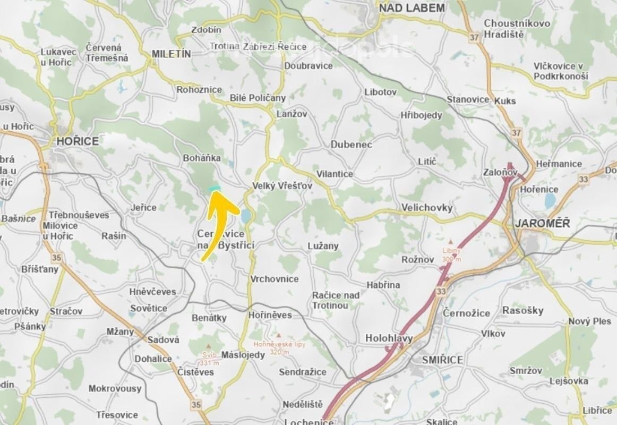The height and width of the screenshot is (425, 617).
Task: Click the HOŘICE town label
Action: [78, 141]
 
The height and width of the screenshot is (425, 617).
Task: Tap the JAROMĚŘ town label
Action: [542, 223]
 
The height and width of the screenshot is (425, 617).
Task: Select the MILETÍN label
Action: [171, 54]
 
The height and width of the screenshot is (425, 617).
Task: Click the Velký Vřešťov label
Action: [281, 186]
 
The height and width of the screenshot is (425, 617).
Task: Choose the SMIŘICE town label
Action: [442, 360]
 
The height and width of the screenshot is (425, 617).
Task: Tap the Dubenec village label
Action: [351, 144]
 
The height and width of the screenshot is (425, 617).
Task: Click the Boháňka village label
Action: [201, 158]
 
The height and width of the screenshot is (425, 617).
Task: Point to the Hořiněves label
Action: [271, 315]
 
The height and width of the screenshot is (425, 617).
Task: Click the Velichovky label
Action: [427, 207]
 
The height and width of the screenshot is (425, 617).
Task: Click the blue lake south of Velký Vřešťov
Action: [245, 216]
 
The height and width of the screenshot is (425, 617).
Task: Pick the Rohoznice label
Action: [199, 89]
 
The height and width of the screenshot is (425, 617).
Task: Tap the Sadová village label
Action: [163, 339]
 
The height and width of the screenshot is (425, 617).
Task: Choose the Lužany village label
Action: [323, 246]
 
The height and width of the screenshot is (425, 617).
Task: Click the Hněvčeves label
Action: [152, 292]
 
